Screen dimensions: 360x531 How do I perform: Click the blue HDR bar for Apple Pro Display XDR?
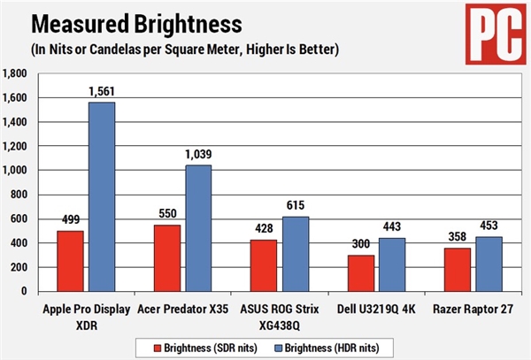coord(101,196)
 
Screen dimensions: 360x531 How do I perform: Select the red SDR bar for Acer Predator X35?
coord(167,257)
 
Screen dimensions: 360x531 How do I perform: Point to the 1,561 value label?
coord(102,92)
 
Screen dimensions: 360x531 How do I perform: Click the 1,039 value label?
coord(198,156)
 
